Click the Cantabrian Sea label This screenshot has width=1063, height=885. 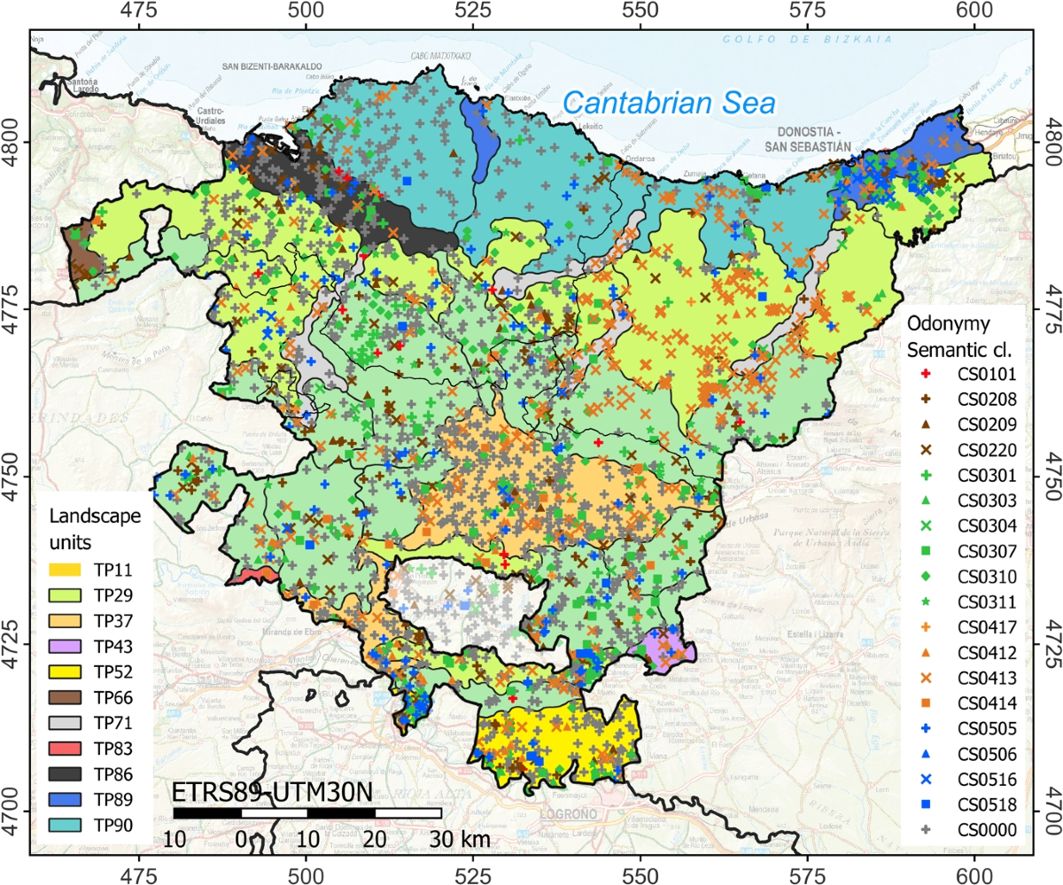(670, 103)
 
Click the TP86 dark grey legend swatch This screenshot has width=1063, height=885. (67, 775)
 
